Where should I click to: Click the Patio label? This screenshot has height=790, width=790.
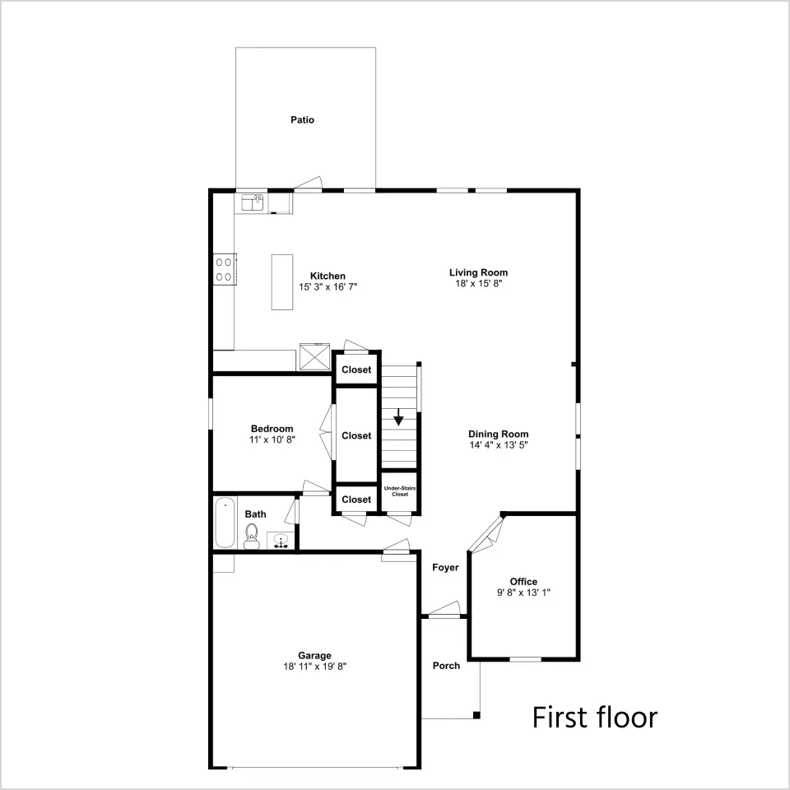point(302,120)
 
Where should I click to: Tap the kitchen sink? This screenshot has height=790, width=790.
point(253,202)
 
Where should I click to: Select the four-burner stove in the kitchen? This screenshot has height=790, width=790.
point(224,269)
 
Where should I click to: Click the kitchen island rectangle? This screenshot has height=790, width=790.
point(282,282)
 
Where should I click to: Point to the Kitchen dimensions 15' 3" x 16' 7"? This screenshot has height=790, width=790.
point(328,287)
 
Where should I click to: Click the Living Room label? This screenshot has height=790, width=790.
point(479,272)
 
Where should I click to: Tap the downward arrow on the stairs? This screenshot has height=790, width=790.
point(398,417)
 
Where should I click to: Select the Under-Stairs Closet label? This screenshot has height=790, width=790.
point(400,491)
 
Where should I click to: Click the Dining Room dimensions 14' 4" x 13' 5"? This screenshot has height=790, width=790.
point(499,445)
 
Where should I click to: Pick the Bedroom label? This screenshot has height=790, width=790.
point(272,429)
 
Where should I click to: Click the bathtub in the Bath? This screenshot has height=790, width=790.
point(225,523)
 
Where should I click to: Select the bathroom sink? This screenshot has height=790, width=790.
point(281,541)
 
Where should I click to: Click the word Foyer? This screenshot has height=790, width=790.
point(445,568)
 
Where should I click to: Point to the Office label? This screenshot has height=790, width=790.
point(523,582)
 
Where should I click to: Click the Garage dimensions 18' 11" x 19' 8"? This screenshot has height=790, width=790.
point(315,667)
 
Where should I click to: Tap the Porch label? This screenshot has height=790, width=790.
point(446,666)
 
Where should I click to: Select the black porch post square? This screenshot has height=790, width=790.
point(476,715)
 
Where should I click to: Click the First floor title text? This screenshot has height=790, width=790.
point(595,718)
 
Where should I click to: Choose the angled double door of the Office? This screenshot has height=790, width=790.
point(486,534)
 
